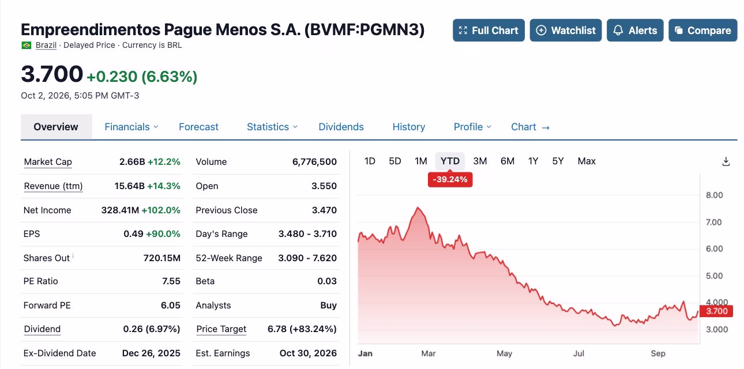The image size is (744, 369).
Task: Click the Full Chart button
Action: click(489, 30)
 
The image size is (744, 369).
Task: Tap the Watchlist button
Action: click(566, 30)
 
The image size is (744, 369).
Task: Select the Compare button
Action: click(703, 30)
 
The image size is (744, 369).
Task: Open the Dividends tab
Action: click(341, 127)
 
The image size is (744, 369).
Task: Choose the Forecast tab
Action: click(198, 127)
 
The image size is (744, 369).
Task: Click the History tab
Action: click(409, 127)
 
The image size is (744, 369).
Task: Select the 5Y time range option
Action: click(558, 161)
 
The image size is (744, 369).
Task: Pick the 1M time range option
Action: click(421, 161)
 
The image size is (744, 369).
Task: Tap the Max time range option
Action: click(587, 161)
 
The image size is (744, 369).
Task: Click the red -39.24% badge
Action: click(450, 180)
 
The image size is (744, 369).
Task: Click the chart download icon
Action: click(726, 162)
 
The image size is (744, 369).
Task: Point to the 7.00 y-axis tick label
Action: click(714, 222)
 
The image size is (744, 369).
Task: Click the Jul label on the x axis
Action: click(578, 353)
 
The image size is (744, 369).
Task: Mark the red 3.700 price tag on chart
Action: click(716, 311)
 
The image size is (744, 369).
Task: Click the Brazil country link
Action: click(46, 45)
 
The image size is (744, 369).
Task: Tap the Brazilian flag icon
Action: click(26, 45)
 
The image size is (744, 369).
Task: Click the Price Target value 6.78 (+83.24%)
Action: click(302, 329)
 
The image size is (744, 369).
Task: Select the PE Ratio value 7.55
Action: click(171, 281)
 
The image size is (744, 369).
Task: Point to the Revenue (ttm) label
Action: click(53, 186)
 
